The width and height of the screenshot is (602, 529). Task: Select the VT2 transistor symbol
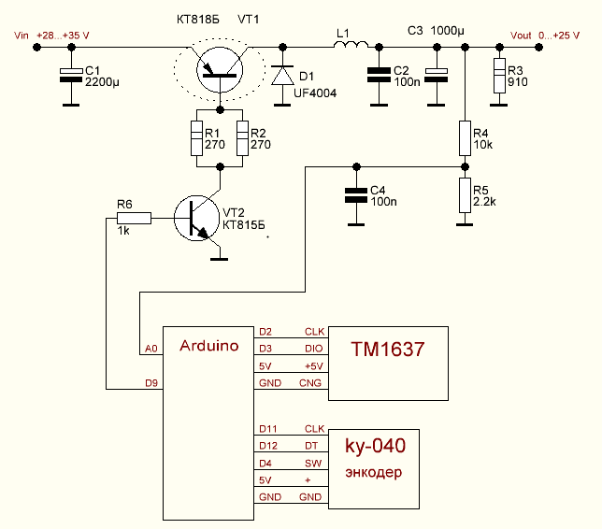[198, 220]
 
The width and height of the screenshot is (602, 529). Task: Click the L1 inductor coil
[351, 44]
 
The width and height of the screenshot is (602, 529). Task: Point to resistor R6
[133, 219]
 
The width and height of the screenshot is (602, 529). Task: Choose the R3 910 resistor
[499, 75]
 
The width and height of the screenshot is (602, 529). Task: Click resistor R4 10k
[465, 137]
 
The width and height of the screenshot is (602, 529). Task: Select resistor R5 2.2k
[465, 195]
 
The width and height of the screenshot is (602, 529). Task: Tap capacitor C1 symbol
[69, 75]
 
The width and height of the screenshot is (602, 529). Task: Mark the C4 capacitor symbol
[354, 195]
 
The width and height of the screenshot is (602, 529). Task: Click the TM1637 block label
[388, 350]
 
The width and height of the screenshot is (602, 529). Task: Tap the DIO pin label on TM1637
[313, 348]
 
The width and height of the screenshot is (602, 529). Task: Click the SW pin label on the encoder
[312, 464]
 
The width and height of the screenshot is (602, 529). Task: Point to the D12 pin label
[268, 447]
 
